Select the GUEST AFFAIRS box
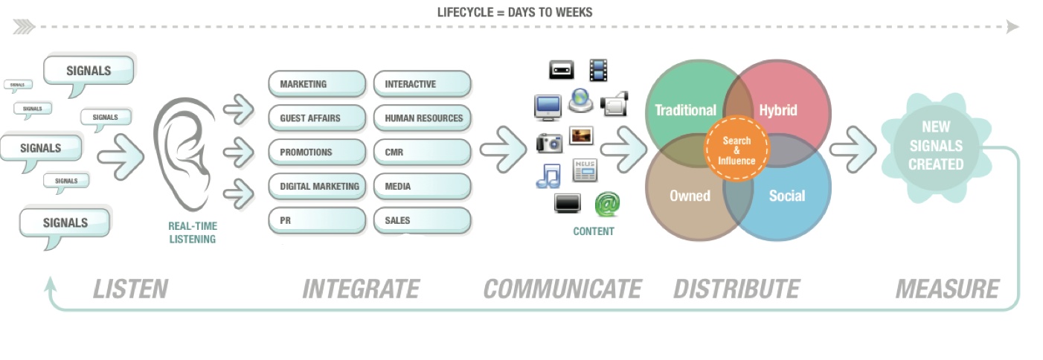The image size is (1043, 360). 317,118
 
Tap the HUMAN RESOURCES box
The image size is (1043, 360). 423,118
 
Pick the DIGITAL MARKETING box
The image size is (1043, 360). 317,187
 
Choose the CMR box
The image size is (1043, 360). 423,152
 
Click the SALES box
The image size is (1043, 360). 423,221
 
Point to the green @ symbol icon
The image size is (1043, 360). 607,204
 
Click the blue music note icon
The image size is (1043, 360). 548,176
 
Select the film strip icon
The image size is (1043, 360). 599,70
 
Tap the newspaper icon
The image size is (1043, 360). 585,170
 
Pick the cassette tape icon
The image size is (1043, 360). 562,71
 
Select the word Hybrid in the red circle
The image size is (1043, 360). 778,110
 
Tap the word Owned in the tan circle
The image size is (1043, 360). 690,196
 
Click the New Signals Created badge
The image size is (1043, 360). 935,146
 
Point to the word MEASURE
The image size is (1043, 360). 947,289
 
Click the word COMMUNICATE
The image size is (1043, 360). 562,289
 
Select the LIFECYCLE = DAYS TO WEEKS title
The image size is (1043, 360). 515,12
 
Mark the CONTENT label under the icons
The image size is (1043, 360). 594,231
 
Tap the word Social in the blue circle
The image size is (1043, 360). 786,196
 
